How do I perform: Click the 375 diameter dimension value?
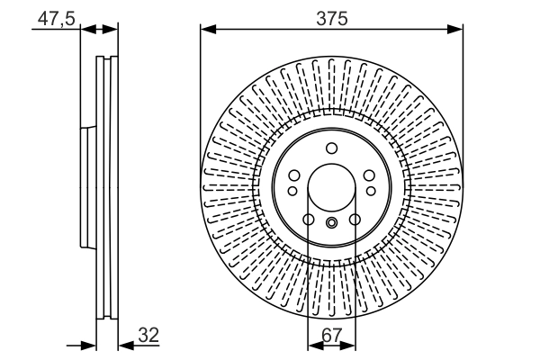click(330, 17)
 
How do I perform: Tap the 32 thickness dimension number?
click(148, 335)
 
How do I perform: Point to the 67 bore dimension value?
click(330, 335)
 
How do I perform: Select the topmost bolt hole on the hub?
click(330, 148)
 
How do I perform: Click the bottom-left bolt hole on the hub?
click(308, 220)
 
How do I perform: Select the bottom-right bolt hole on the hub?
click(354, 220)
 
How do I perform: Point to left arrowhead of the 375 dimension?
click(206, 30)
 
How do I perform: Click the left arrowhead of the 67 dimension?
click(314, 345)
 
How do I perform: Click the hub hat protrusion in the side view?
click(86, 188)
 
